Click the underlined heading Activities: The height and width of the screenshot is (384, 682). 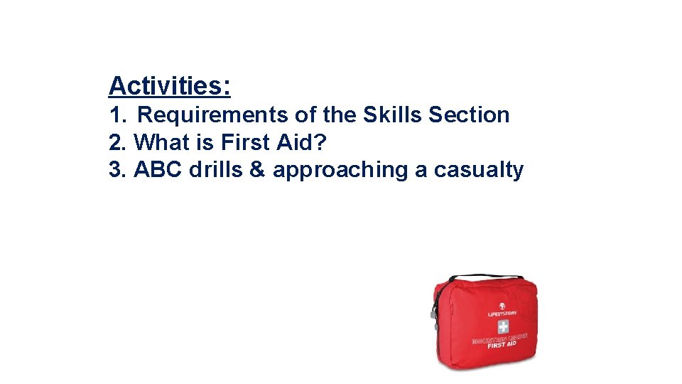(169, 87)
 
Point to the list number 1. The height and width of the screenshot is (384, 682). (117, 115)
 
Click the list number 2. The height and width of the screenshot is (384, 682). (117, 143)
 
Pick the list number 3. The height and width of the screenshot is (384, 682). (117, 171)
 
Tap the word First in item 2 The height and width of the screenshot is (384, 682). (245, 143)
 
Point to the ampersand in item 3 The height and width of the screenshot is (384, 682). (257, 171)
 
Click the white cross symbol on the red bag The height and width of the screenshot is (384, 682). (502, 326)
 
